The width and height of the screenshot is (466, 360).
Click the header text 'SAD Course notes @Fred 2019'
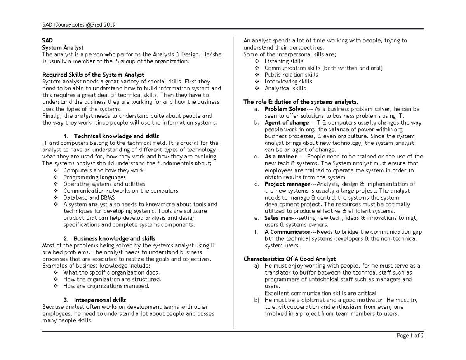[x=79, y=25]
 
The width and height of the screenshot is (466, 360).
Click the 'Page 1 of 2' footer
[x=410, y=336]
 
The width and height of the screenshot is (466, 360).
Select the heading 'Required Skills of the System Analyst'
[x=93, y=75]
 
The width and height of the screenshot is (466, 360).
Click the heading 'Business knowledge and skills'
[x=114, y=238]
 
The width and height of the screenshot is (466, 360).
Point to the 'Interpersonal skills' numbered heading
[x=100, y=300]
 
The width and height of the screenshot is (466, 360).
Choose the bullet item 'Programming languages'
[x=94, y=177]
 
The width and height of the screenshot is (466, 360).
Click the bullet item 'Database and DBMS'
[x=89, y=198]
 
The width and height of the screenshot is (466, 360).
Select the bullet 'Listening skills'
[x=284, y=61]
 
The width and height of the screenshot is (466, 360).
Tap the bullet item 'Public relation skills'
[x=291, y=75]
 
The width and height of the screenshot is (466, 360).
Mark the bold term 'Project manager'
[x=287, y=184]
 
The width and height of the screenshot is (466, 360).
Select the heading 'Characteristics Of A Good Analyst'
[x=289, y=259]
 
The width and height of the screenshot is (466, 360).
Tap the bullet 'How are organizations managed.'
[x=106, y=286]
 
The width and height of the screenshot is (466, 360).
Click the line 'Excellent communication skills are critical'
[x=320, y=293]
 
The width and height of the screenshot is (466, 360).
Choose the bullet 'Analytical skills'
[x=285, y=88]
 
